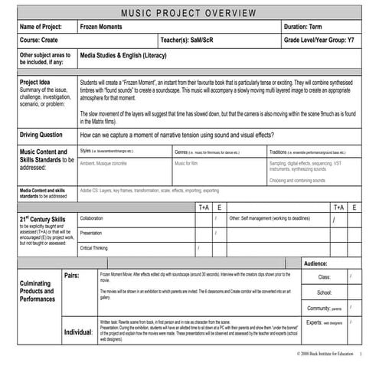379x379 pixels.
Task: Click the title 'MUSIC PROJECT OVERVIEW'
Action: click(x=189, y=13)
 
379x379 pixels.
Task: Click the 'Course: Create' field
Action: click(x=40, y=39)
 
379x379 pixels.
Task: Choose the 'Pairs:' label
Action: click(x=73, y=275)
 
